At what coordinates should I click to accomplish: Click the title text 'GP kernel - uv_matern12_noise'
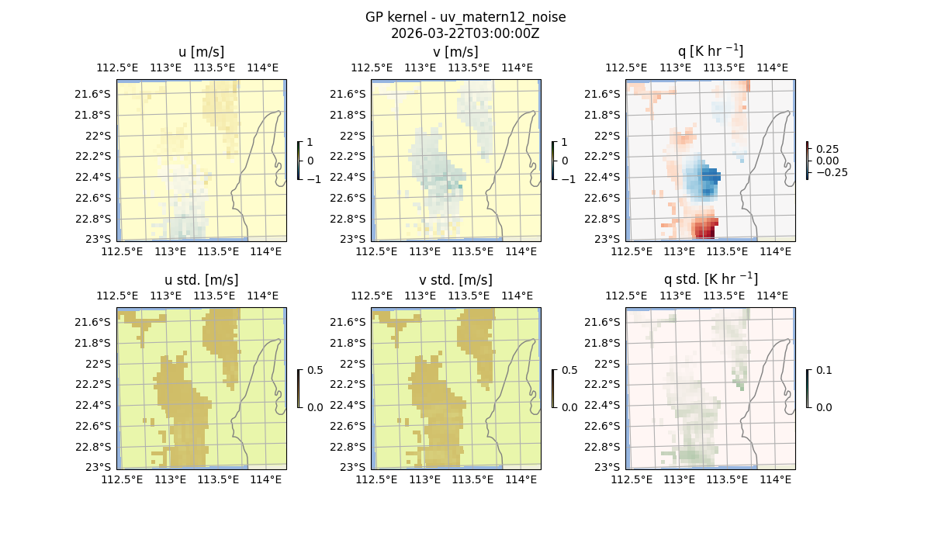click(x=465, y=17)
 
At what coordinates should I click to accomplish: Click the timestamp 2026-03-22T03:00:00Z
click(x=465, y=33)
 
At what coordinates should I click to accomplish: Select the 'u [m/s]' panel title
click(x=201, y=52)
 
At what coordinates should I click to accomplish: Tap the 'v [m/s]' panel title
click(x=455, y=52)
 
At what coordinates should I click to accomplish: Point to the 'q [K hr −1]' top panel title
click(x=710, y=51)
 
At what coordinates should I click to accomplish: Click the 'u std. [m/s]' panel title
click(x=201, y=280)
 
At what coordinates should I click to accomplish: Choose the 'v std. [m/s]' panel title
click(x=455, y=280)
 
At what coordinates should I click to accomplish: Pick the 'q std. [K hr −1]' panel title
click(x=710, y=279)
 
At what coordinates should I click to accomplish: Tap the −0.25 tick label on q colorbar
click(x=831, y=172)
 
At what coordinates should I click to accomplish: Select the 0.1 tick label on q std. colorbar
click(x=822, y=371)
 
